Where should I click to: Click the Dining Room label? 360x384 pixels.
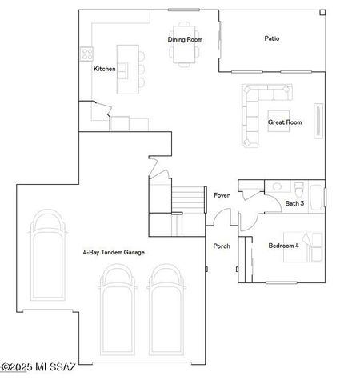(x=185, y=39)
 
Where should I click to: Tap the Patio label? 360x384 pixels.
(x=272, y=38)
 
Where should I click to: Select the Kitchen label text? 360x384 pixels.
(x=105, y=69)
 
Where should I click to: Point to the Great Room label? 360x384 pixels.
(x=284, y=122)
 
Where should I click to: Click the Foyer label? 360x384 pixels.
(x=222, y=195)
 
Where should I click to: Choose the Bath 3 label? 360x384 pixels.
(x=294, y=203)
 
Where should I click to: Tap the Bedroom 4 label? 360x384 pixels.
(x=284, y=246)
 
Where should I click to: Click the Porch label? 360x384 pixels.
(x=222, y=246)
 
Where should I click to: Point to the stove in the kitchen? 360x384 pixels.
(x=86, y=56)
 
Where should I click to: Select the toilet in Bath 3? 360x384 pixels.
(x=298, y=190)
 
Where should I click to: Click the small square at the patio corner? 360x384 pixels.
(x=322, y=13)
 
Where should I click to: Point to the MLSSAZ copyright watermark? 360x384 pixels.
(x=38, y=367)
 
